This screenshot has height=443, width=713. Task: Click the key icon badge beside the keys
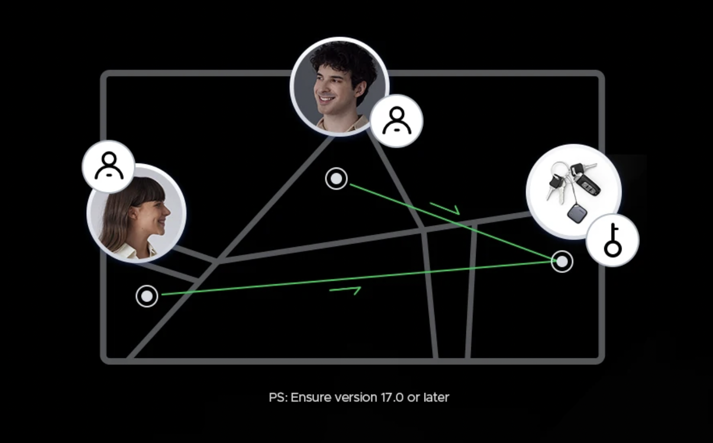pos(612,240)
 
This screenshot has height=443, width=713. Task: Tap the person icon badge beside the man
pos(396,121)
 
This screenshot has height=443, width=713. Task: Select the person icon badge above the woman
pos(108,166)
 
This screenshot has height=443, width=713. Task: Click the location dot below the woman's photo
pos(147,296)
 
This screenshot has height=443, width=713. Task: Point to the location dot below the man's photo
pos(336,179)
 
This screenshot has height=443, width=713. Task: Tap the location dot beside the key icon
pos(562,261)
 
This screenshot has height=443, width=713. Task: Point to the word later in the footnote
pos(436,397)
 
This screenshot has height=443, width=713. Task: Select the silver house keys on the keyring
pos(554,184)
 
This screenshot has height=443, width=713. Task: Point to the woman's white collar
pos(138,251)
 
